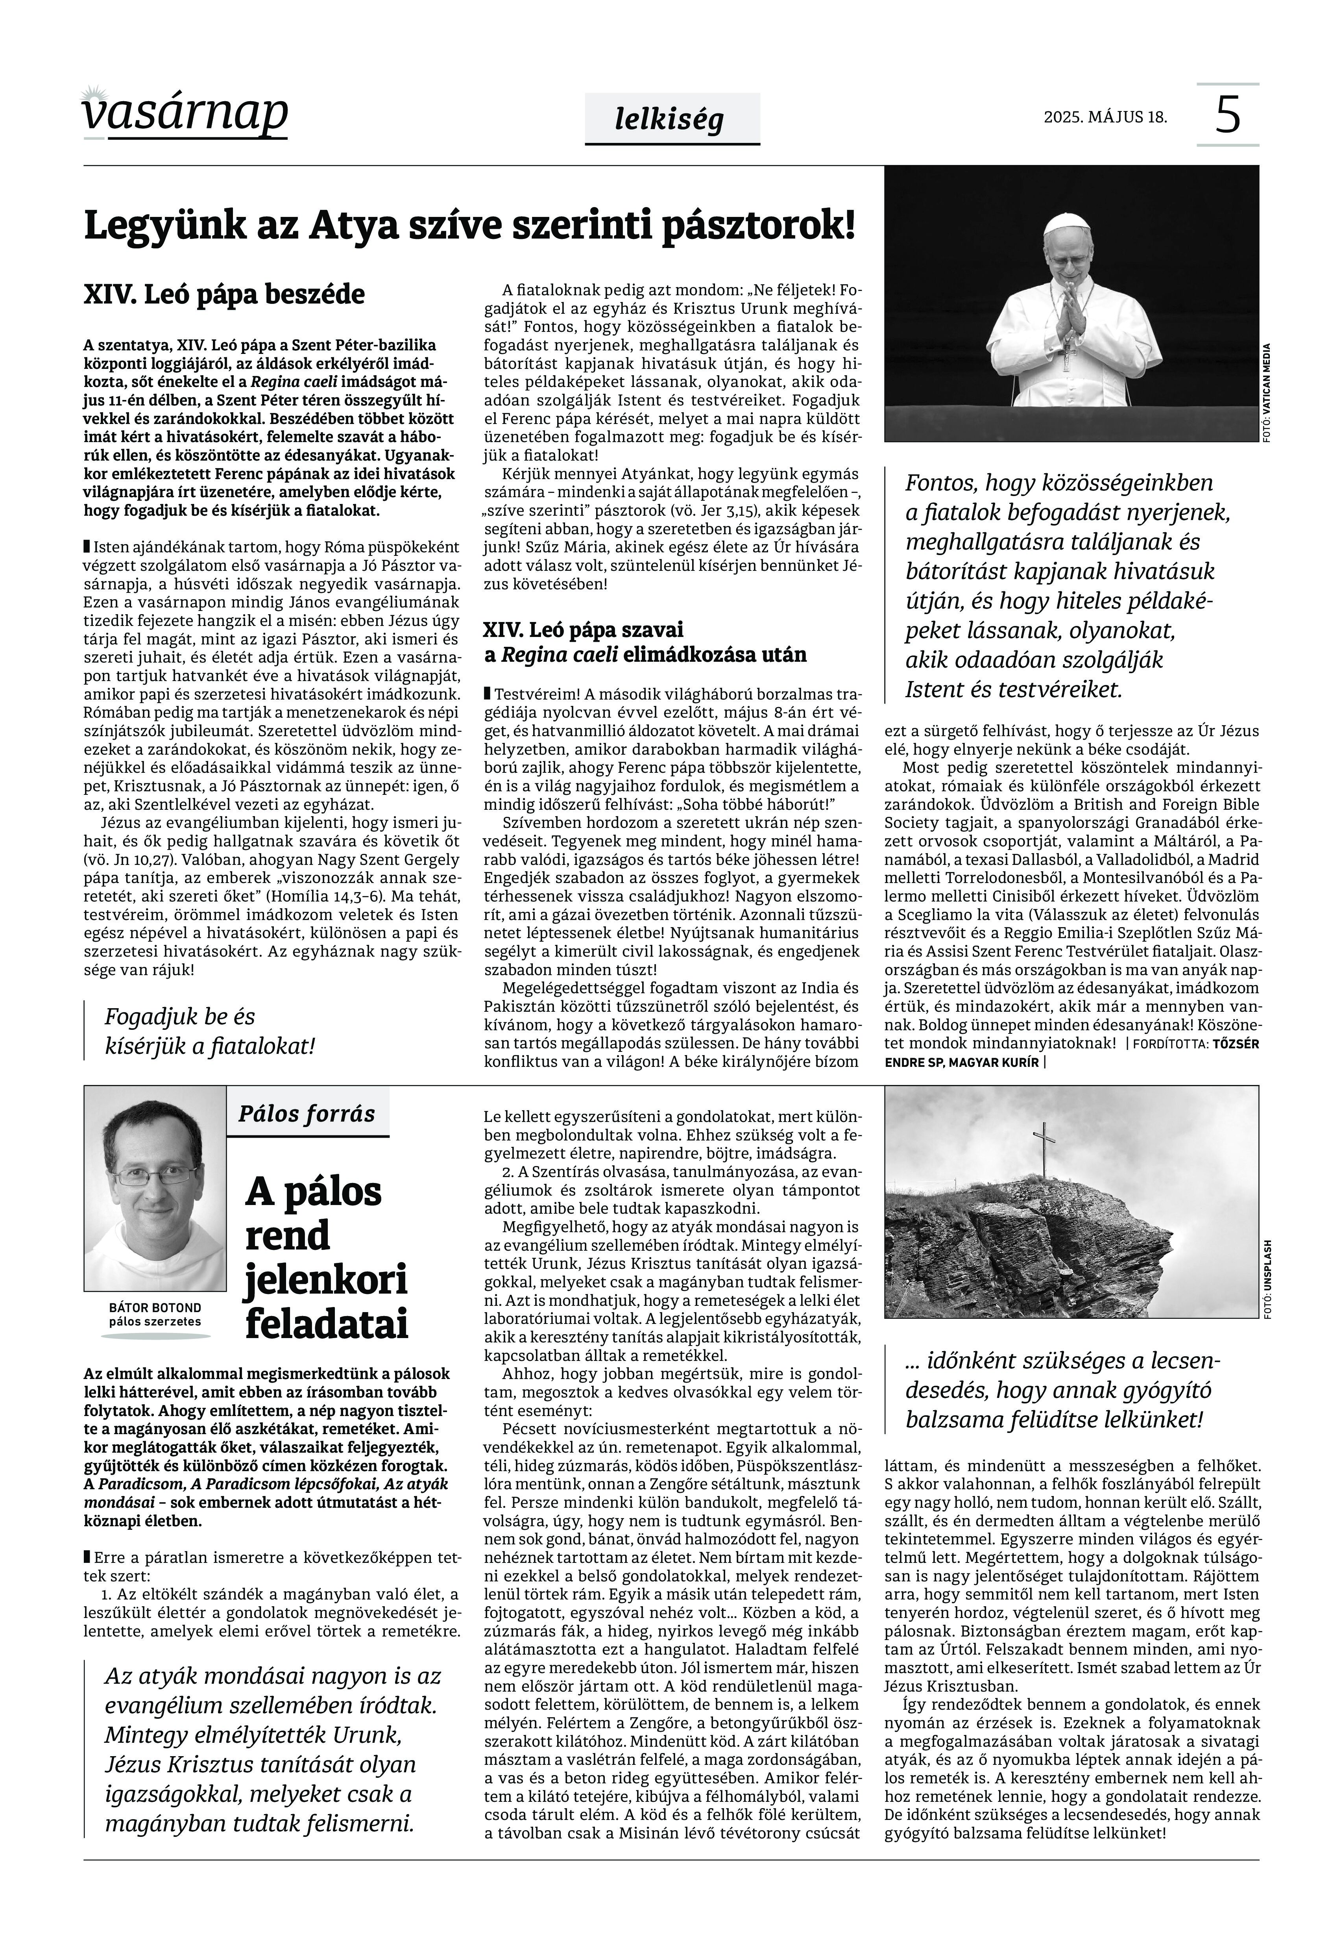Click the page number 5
[1228, 115]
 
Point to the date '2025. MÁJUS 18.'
[1105, 116]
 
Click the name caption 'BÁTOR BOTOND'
[155, 1307]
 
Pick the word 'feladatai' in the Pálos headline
[327, 1324]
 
